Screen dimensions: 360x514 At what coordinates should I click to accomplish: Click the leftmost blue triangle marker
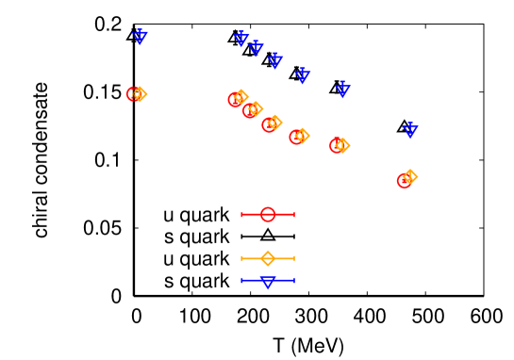[140, 37]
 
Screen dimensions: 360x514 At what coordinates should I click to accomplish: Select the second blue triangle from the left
[241, 39]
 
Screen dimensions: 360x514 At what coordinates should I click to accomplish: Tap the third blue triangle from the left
[256, 48]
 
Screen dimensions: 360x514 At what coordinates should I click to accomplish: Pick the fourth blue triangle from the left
[275, 61]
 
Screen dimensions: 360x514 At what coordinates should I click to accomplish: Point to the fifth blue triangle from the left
[302, 75]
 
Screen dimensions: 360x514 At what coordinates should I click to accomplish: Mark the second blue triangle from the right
[342, 90]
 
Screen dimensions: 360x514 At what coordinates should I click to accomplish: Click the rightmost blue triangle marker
[410, 130]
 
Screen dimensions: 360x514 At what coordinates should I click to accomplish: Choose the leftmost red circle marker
[134, 94]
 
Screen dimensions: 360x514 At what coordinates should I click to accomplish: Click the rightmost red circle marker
[404, 180]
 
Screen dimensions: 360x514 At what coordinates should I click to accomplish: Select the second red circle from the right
[337, 145]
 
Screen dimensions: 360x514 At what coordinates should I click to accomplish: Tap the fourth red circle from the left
[269, 124]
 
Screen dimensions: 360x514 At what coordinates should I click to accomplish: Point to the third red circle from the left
[250, 110]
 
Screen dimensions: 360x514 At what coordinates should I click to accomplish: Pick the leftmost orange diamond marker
[140, 93]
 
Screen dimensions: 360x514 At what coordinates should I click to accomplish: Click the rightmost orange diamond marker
[409, 176]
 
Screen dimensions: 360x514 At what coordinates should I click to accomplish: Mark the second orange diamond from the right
[342, 145]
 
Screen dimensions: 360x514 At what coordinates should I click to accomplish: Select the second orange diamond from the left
[241, 96]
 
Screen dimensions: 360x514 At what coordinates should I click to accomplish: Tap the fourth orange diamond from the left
[274, 123]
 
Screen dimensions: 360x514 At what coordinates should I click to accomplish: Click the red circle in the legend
[268, 214]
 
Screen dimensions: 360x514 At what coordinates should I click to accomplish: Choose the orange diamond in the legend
[268, 258]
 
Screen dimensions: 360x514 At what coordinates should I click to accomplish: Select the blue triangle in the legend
[268, 281]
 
